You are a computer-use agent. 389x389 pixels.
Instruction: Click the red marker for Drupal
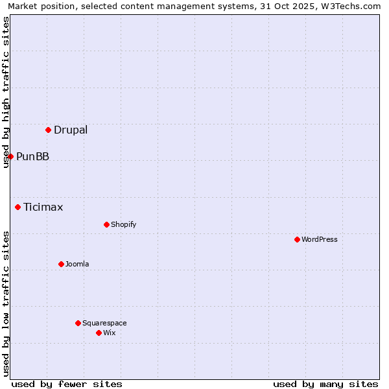click(x=49, y=130)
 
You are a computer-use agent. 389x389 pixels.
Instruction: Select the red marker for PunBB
click(x=10, y=156)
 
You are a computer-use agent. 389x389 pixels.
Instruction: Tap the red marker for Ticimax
click(x=18, y=207)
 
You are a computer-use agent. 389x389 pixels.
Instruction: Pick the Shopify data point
click(x=107, y=224)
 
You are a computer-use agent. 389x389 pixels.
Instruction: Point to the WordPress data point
click(x=298, y=239)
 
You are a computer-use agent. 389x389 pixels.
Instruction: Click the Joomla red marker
click(x=62, y=264)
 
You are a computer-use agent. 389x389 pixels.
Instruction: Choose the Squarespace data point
click(x=78, y=323)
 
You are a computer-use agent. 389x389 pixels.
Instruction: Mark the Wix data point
click(x=99, y=333)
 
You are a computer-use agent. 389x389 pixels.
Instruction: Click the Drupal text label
click(x=71, y=130)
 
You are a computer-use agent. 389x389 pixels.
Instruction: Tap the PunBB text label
click(x=32, y=156)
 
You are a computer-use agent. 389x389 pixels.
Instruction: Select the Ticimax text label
click(x=43, y=207)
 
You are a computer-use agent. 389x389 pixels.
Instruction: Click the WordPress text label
click(x=320, y=239)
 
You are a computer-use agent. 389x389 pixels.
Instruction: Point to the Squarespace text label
click(x=104, y=323)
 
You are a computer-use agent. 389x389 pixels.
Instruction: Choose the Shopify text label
click(x=123, y=224)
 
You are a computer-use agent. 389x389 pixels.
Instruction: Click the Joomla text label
click(x=77, y=264)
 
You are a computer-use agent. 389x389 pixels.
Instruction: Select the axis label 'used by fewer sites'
click(x=67, y=384)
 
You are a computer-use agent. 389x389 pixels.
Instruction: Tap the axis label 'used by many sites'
click(x=325, y=384)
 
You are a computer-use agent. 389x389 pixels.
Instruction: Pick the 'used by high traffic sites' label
click(x=6, y=92)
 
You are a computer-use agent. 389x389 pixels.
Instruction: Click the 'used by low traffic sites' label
click(x=6, y=303)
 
